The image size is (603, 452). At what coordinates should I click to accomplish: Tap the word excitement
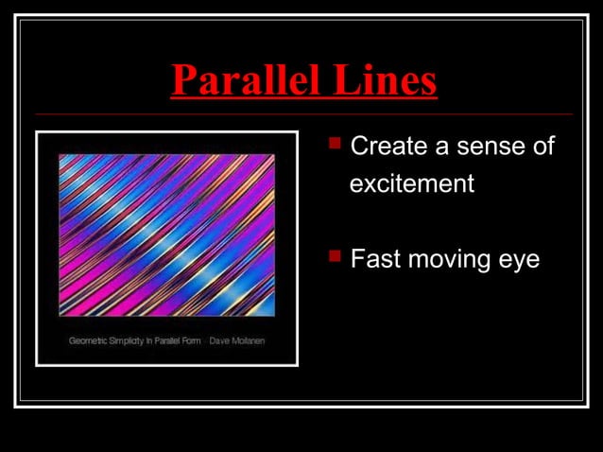click(x=411, y=183)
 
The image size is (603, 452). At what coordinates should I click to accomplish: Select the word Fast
click(x=371, y=259)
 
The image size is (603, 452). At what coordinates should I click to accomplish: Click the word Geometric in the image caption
click(x=88, y=340)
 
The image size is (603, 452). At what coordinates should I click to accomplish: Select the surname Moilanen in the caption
click(x=249, y=340)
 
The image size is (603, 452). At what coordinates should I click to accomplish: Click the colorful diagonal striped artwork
click(x=166, y=235)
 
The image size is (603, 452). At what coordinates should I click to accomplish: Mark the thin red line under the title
click(x=302, y=114)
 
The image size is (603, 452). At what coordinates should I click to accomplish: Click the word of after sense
click(x=543, y=148)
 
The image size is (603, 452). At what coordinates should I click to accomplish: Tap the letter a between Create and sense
click(x=439, y=148)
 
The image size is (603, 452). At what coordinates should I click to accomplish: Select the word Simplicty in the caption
click(x=127, y=340)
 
